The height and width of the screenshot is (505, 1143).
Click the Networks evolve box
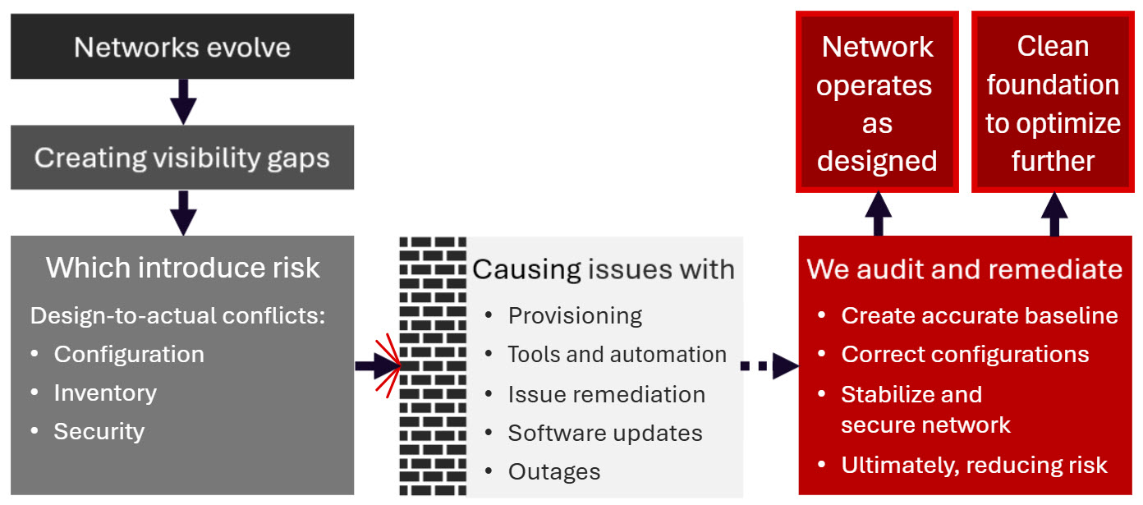(181, 47)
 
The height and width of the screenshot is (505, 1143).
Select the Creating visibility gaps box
(181, 158)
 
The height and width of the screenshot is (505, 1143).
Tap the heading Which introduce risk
(182, 268)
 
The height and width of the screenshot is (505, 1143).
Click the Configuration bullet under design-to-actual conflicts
(129, 354)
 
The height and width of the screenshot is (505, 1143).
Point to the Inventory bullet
(105, 393)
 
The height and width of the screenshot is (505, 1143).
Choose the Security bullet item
(99, 431)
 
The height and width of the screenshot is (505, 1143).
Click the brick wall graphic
(433, 365)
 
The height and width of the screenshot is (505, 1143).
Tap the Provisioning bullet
(575, 315)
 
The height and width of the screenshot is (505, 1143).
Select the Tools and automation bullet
(617, 354)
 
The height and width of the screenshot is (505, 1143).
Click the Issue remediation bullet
(606, 394)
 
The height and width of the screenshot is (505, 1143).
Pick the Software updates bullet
(605, 433)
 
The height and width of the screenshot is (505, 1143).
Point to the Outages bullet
(554, 472)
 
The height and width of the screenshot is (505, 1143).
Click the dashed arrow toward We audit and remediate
(769, 366)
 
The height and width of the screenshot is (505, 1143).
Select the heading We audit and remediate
(965, 269)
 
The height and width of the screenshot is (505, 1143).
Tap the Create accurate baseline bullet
(980, 315)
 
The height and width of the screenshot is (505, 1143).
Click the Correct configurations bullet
(965, 354)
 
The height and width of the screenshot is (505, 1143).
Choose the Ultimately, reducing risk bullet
(974, 465)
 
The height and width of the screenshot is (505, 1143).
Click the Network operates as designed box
(877, 103)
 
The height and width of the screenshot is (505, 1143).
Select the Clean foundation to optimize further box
(1053, 103)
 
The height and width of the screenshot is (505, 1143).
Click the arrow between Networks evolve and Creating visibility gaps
(182, 101)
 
